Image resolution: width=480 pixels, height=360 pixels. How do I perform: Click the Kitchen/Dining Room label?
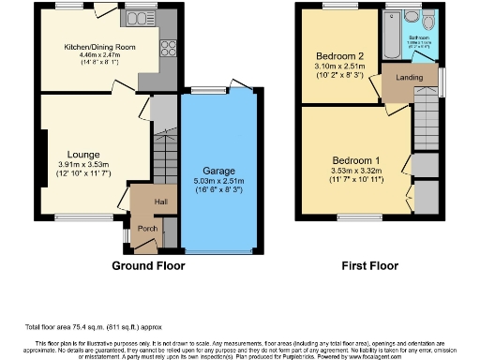(100, 46)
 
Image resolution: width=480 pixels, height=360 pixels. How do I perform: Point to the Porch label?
(147, 227)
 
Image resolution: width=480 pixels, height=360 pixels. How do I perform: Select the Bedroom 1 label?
(353, 159)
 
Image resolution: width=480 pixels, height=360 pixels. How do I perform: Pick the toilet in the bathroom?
(427, 22)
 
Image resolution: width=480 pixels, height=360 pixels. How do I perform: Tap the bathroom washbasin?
(411, 17)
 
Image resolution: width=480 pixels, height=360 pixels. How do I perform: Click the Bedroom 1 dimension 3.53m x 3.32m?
(353, 170)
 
